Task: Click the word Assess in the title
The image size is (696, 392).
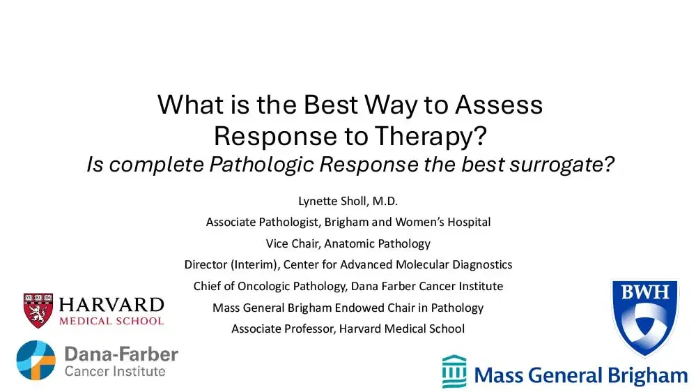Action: coord(499,105)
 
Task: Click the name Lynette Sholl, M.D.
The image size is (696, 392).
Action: coord(348,202)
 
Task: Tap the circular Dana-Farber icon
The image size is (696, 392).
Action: coord(36,360)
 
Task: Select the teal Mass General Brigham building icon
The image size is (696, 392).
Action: coord(454,372)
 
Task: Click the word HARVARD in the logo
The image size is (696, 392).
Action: coord(111,305)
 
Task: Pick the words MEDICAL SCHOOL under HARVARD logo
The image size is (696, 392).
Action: coord(111,321)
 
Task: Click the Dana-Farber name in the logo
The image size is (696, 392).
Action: coord(121,354)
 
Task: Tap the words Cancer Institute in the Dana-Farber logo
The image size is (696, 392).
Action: coord(115,371)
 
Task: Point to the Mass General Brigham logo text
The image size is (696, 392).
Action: coord(580,376)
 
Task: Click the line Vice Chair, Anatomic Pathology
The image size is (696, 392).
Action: coord(348,243)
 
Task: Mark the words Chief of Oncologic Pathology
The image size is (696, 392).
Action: coord(268,286)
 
